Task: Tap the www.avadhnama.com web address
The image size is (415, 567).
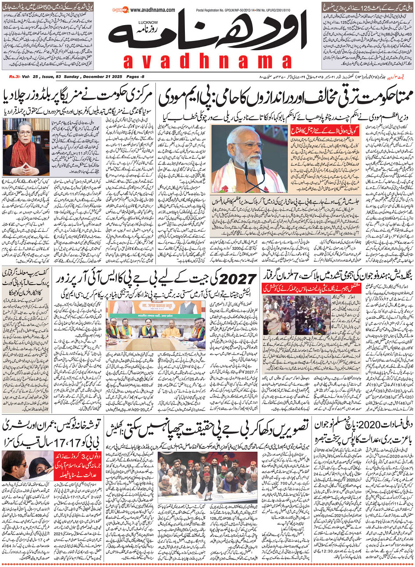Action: point(152,10)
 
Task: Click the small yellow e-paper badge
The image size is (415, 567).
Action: point(120,9)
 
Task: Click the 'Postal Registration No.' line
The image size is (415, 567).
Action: point(242,10)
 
